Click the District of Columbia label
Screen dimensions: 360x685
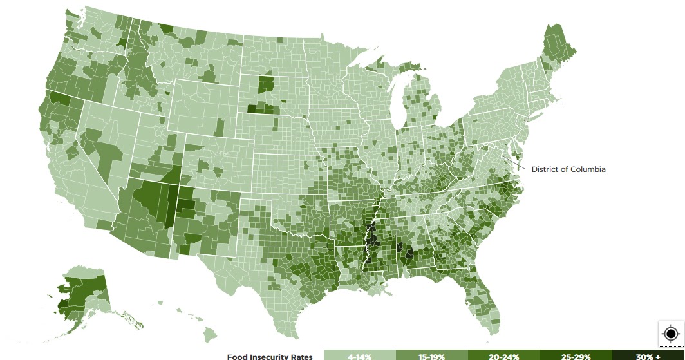[x=568, y=169]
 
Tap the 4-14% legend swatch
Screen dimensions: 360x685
[x=359, y=355]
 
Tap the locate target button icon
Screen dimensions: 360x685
[x=670, y=334]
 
